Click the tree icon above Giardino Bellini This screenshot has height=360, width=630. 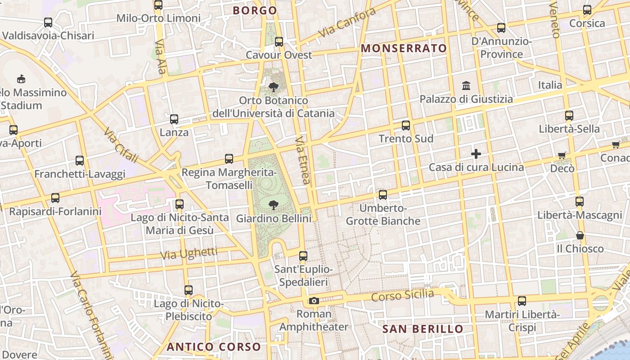[273, 206]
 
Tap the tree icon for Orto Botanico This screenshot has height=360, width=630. [273, 87]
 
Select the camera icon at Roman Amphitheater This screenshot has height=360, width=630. [314, 301]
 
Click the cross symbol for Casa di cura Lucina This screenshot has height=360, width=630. [476, 154]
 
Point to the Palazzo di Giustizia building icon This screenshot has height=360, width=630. [466, 85]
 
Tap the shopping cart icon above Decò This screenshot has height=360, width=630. [562, 155]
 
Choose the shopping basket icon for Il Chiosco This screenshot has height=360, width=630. [580, 235]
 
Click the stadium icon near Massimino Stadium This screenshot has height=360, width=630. [21, 79]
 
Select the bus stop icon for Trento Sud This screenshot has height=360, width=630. [406, 126]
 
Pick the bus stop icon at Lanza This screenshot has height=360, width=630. [174, 119]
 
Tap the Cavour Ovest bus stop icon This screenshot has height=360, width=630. [279, 42]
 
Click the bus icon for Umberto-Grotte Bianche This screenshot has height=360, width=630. [383, 195]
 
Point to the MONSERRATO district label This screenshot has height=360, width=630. [404, 49]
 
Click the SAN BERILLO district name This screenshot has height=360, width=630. [423, 329]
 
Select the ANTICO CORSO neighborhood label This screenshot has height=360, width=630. [214, 347]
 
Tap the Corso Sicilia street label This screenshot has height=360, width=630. [403, 296]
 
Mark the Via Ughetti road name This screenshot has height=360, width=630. [189, 253]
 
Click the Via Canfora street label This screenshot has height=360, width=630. [346, 22]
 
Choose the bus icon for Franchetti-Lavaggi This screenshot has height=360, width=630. [80, 161]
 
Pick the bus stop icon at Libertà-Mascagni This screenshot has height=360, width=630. [580, 201]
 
